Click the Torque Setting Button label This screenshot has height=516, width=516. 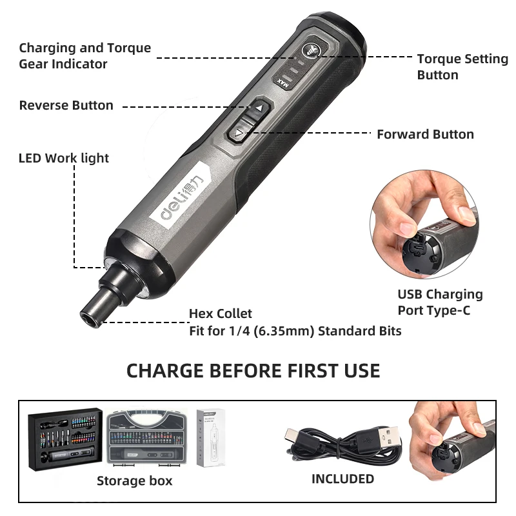point(462,67)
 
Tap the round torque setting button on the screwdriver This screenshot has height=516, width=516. point(312,50)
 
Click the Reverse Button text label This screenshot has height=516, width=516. point(66,105)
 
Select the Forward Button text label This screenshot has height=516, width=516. point(425,134)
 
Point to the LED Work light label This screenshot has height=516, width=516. point(63,158)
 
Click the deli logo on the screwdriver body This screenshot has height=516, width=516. point(181,197)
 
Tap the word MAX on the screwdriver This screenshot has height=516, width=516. point(283,83)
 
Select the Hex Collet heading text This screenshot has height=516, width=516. point(221,313)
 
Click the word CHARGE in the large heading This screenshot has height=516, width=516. point(165,371)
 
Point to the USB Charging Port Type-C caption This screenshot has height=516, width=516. point(440,302)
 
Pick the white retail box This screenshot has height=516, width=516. point(211,437)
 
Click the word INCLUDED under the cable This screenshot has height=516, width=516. point(343,479)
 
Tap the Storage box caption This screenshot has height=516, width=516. point(135,481)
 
